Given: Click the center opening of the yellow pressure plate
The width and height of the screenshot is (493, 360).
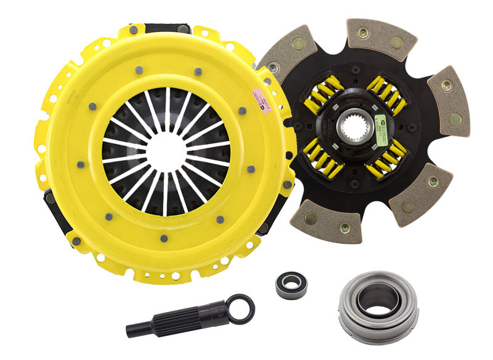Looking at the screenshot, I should [165, 149].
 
